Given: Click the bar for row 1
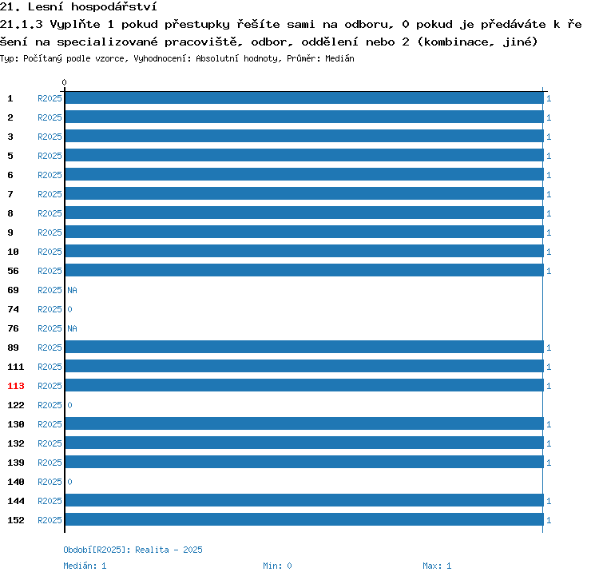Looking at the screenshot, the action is (x=304, y=97).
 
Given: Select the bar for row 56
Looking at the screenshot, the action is (x=304, y=270).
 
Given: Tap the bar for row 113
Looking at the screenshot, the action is (x=304, y=385).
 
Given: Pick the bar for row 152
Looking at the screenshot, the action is (x=304, y=519).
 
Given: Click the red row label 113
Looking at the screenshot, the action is (x=16, y=386).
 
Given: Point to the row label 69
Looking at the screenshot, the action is (x=13, y=290).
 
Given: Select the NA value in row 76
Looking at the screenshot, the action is (x=72, y=328).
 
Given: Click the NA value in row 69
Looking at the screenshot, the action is (x=72, y=290).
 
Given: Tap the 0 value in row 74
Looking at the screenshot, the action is (x=70, y=309).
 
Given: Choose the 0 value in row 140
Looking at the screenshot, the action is (x=70, y=482).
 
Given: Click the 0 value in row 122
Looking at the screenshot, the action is (x=70, y=405).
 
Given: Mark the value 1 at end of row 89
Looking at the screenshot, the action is (x=549, y=348).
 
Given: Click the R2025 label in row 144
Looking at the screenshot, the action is (x=50, y=501).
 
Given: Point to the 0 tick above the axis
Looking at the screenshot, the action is (x=64, y=82).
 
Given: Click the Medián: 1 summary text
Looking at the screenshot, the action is (x=85, y=566).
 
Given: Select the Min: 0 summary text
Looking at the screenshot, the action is (x=277, y=566).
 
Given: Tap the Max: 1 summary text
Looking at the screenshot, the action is (x=437, y=566).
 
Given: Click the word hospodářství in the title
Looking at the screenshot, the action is (x=114, y=7).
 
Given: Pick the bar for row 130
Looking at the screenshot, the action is (x=304, y=423).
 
